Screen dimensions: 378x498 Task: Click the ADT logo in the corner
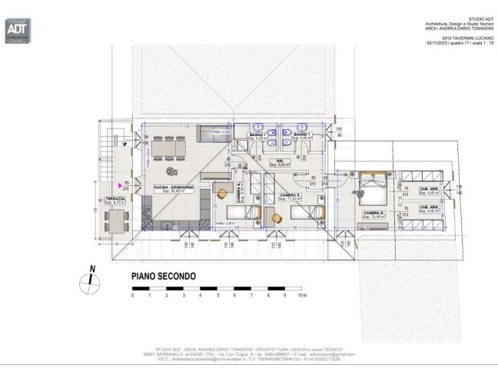click(x=17, y=30)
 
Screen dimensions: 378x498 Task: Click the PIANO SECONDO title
click(x=164, y=276)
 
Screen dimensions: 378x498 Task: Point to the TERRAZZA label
click(x=115, y=198)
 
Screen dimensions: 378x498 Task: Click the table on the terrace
click(x=118, y=220)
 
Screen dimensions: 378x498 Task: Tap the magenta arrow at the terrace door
click(x=119, y=184)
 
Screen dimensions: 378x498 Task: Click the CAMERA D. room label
click(x=374, y=213)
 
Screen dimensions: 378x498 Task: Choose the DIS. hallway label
click(x=280, y=161)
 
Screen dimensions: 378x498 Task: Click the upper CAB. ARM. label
click(x=429, y=190)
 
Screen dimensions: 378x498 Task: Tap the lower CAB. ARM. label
click(x=429, y=207)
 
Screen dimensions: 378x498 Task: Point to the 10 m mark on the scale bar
click(x=303, y=295)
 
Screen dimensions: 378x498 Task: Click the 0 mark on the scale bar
click(x=132, y=295)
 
